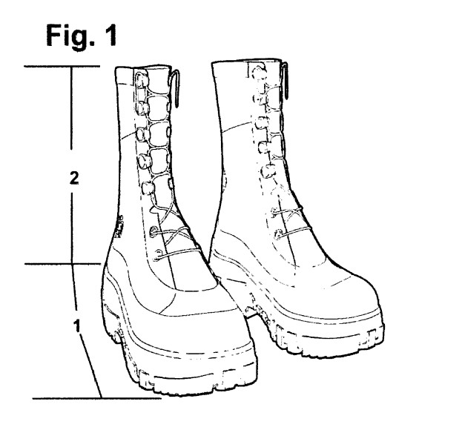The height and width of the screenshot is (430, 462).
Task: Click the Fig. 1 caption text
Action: point(82,36)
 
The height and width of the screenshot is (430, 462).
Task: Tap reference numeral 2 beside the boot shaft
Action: point(74,178)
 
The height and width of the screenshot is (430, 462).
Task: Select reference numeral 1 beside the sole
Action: point(77,325)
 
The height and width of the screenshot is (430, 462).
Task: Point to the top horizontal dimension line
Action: point(62,67)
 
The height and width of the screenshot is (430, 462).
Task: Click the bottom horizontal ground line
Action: point(97,398)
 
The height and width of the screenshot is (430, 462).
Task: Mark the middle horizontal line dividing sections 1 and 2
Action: point(63,264)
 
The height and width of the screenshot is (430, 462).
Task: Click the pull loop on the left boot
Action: point(176,88)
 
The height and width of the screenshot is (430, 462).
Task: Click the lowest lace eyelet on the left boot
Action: point(158,254)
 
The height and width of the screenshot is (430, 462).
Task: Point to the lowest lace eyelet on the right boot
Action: point(277,234)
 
